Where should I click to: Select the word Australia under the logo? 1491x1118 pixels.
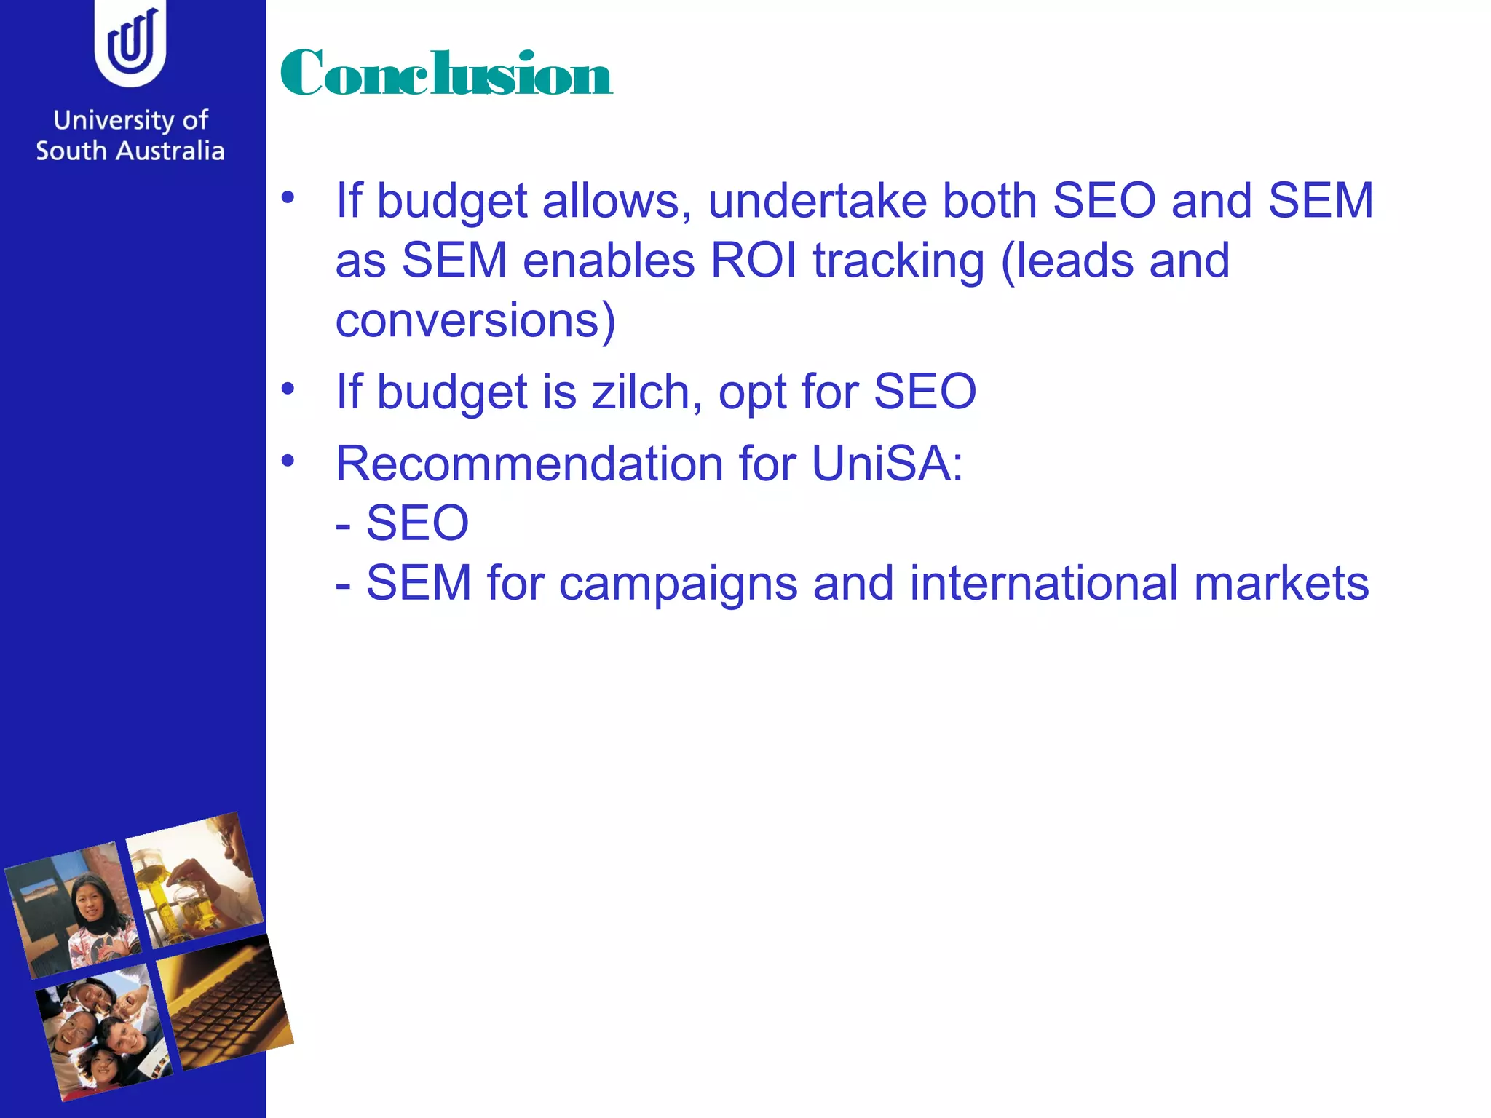170,151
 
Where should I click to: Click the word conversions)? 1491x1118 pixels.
475,320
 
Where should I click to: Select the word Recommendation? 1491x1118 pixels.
529,464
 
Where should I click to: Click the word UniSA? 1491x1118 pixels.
887,464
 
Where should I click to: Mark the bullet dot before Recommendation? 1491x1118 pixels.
288,461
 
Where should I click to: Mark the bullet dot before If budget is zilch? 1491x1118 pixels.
288,389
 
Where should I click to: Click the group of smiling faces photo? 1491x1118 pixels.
103,1032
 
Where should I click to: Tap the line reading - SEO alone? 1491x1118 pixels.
402,523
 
